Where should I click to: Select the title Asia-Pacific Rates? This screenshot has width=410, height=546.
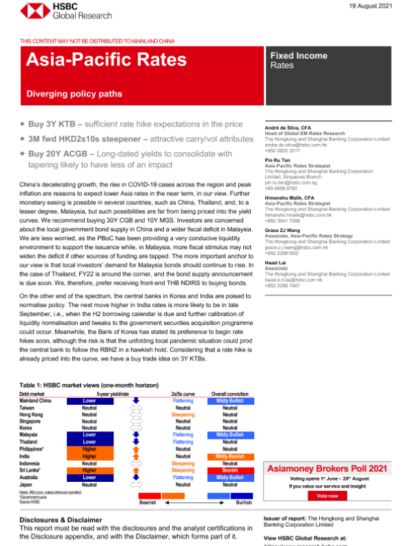pyautogui.click(x=106, y=60)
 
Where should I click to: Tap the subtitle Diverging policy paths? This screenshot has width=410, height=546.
pyautogui.click(x=74, y=94)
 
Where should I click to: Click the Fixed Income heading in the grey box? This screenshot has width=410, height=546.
pyautogui.click(x=299, y=55)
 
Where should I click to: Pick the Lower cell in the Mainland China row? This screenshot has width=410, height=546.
pyautogui.click(x=89, y=401)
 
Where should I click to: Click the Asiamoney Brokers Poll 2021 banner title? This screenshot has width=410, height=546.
pyautogui.click(x=327, y=469)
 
